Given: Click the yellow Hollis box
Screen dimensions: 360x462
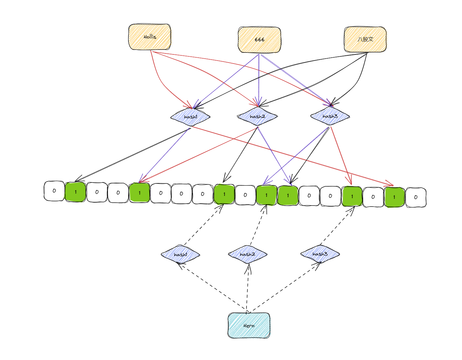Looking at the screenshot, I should [x=150, y=37].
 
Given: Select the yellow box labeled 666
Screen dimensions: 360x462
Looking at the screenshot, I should [x=259, y=40].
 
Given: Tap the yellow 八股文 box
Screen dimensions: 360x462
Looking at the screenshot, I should [x=365, y=39].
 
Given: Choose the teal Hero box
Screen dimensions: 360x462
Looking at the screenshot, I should [x=249, y=325].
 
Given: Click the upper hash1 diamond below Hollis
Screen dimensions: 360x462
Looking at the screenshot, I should [x=190, y=117].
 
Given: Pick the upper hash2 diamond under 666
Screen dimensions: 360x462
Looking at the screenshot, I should [x=257, y=116].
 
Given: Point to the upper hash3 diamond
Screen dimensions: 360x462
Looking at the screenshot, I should [x=330, y=116].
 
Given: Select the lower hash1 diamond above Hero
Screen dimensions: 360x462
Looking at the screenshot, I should [x=180, y=254].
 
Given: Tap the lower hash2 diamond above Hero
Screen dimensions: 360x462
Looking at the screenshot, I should [x=247, y=254].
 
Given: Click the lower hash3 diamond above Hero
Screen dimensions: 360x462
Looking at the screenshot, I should [x=320, y=254].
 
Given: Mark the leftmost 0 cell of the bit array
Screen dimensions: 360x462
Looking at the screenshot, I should [x=54, y=191].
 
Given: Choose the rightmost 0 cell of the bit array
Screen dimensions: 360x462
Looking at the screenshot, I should [x=416, y=197].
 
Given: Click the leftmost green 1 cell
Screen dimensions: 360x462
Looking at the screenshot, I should [x=75, y=192].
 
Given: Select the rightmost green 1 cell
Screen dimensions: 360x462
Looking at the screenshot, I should [x=394, y=197].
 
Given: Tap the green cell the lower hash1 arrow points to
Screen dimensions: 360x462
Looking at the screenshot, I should [x=224, y=194].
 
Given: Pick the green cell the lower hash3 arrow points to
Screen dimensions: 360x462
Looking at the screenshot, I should [x=352, y=196].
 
